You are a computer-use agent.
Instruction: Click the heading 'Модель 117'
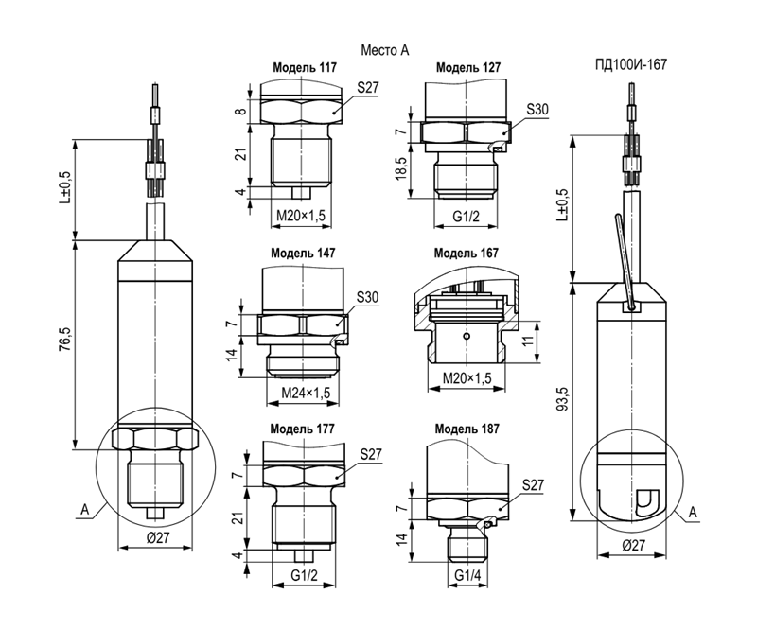(305, 67)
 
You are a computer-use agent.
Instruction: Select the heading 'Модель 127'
(468, 67)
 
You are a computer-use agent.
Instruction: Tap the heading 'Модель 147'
(303, 253)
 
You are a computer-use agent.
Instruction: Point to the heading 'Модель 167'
(466, 253)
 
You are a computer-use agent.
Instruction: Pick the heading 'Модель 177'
(302, 429)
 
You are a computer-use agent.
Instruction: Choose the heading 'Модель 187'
(467, 429)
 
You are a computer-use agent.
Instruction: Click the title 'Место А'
(385, 50)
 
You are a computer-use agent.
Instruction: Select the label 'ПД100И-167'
(630, 64)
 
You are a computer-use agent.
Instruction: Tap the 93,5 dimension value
(562, 400)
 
